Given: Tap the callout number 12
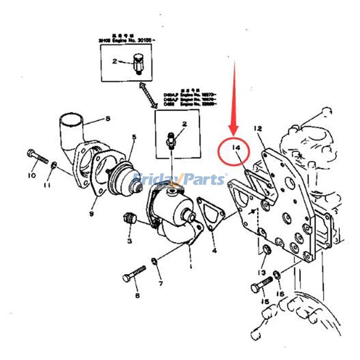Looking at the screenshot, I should [x=257, y=129].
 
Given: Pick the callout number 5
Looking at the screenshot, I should [x=133, y=136].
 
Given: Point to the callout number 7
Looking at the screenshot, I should [x=160, y=283].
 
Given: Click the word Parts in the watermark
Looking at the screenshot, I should [x=203, y=180].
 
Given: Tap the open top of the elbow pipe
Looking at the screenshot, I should [x=72, y=120].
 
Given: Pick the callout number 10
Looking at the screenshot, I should [x=31, y=175].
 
